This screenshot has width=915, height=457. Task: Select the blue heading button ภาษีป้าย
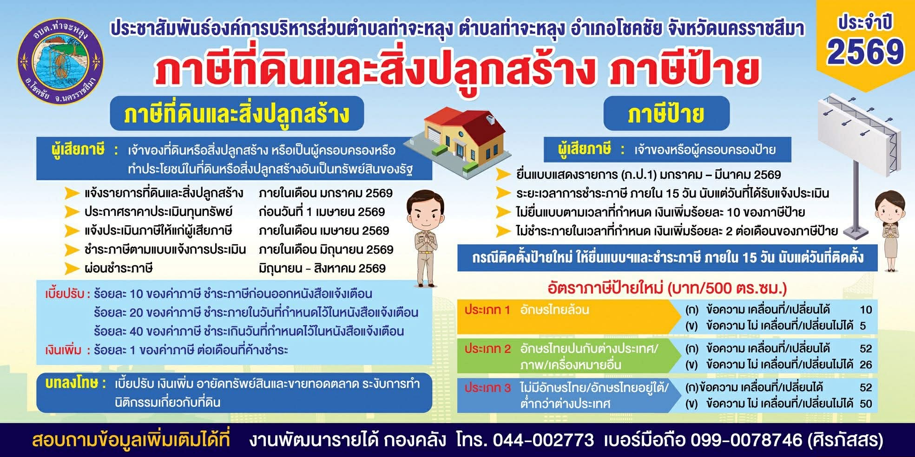pos(666,114)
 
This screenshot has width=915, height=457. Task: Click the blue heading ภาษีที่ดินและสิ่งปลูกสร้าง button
pos(237,114)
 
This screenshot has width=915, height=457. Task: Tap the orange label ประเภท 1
pos(487,310)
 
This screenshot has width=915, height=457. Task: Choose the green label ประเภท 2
pos(487,349)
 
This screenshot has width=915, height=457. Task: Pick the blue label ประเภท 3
pos(487,388)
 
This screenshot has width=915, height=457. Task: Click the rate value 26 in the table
pos(866,365)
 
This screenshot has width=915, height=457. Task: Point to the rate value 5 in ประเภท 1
pos(863,326)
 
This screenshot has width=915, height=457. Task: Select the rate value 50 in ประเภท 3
pos(866,404)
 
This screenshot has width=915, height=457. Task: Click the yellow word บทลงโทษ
pos(72,383)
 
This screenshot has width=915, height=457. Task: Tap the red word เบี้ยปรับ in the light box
pos(65,294)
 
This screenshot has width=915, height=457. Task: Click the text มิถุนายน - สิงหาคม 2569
pos(322,268)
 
